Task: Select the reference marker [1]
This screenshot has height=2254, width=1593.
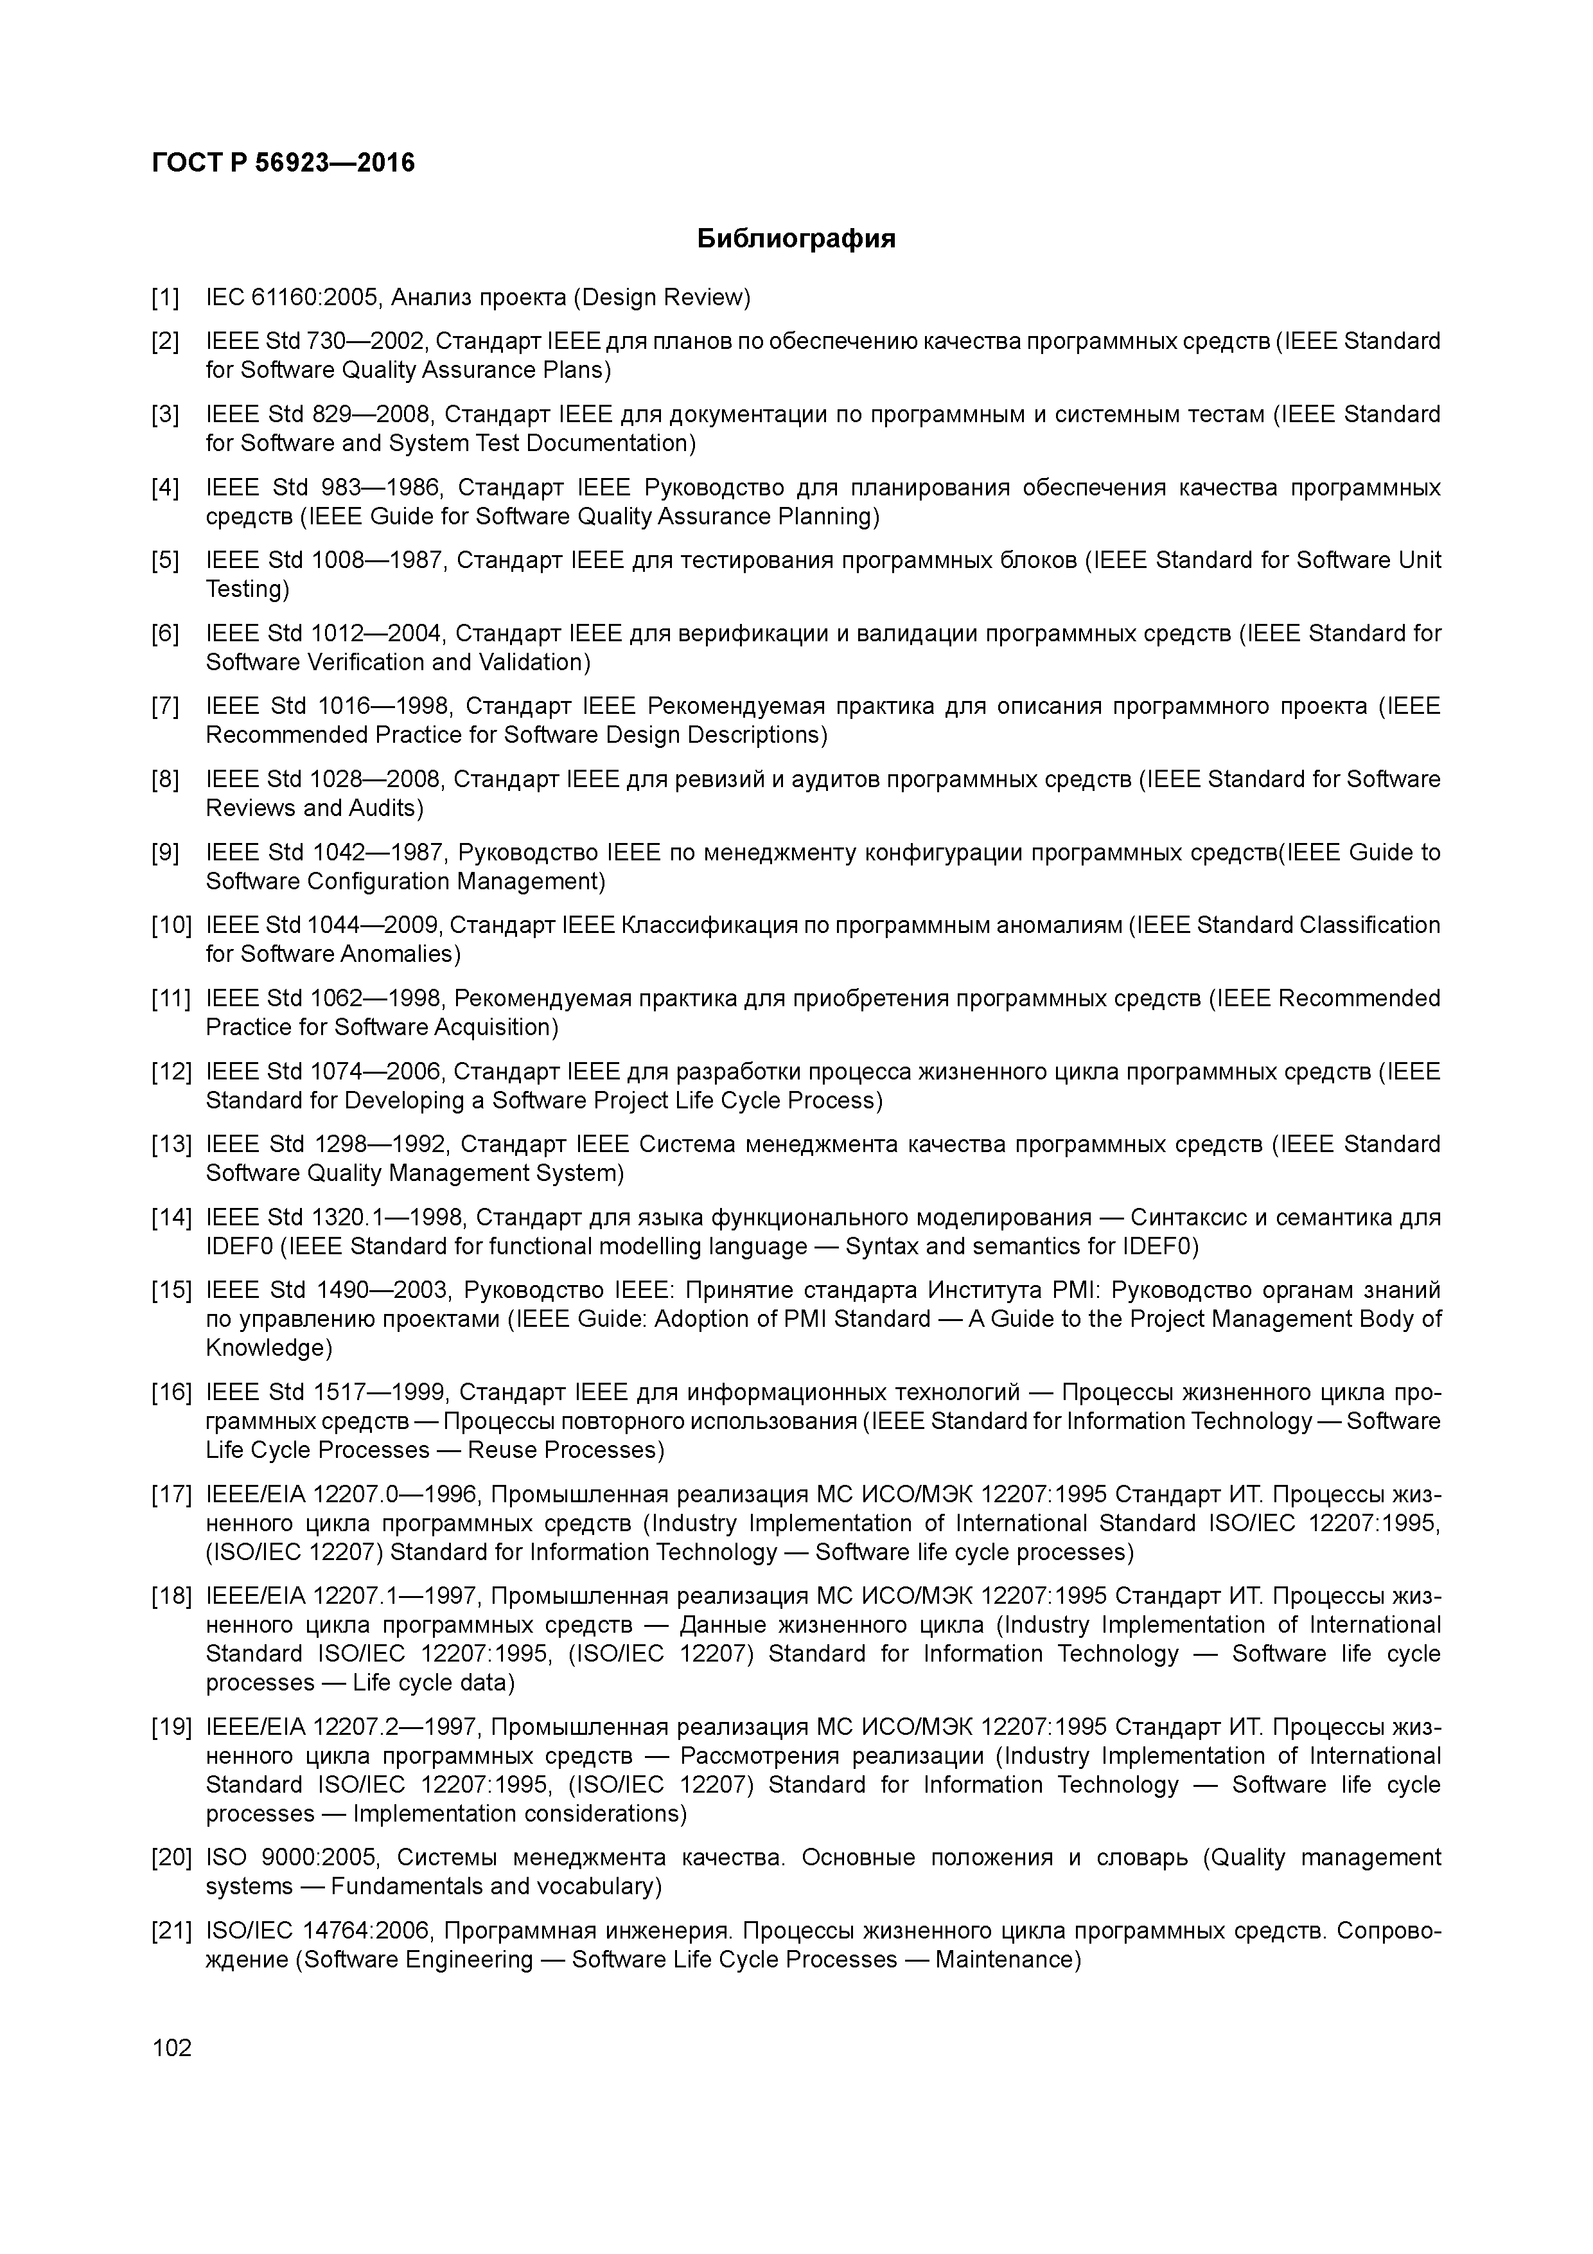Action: click(165, 296)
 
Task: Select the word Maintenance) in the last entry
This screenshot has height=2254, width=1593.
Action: click(1007, 1960)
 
